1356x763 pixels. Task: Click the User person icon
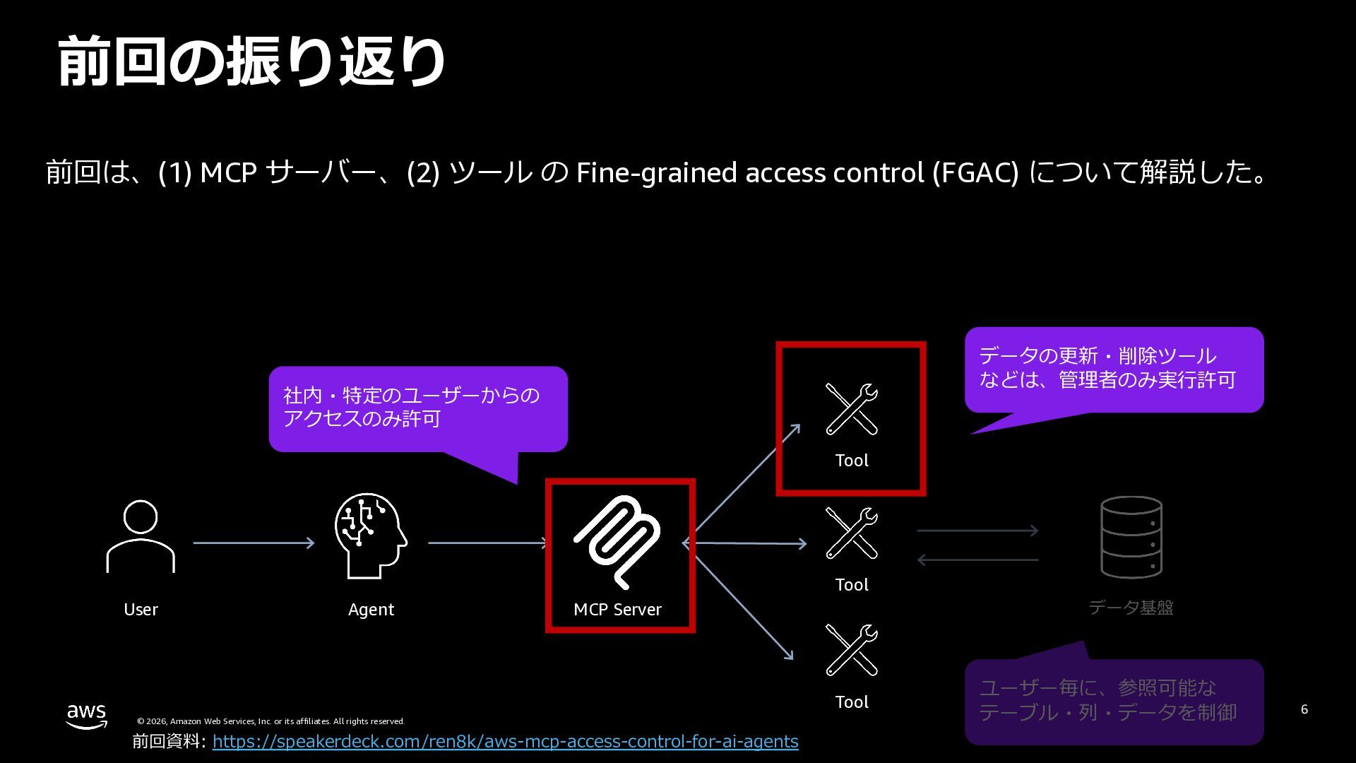141,536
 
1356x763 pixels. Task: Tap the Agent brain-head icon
370,536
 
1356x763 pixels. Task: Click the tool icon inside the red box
852,408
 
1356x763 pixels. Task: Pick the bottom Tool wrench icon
852,650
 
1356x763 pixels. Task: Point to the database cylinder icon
1131,537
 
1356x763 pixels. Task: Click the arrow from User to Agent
254,543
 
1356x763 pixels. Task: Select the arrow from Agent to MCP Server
487,543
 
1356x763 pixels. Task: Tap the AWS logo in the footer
87,716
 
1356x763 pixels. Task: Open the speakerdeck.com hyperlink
505,741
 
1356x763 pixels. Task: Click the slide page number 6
1304,709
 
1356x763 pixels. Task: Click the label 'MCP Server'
617,610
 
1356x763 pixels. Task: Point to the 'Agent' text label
371,610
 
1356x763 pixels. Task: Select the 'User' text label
141,610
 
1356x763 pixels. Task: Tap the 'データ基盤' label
1131,608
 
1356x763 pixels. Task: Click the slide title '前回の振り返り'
251,62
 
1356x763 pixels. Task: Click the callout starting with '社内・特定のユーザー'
417,408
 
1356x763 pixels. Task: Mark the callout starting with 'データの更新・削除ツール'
1114,369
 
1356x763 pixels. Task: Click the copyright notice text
270,721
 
